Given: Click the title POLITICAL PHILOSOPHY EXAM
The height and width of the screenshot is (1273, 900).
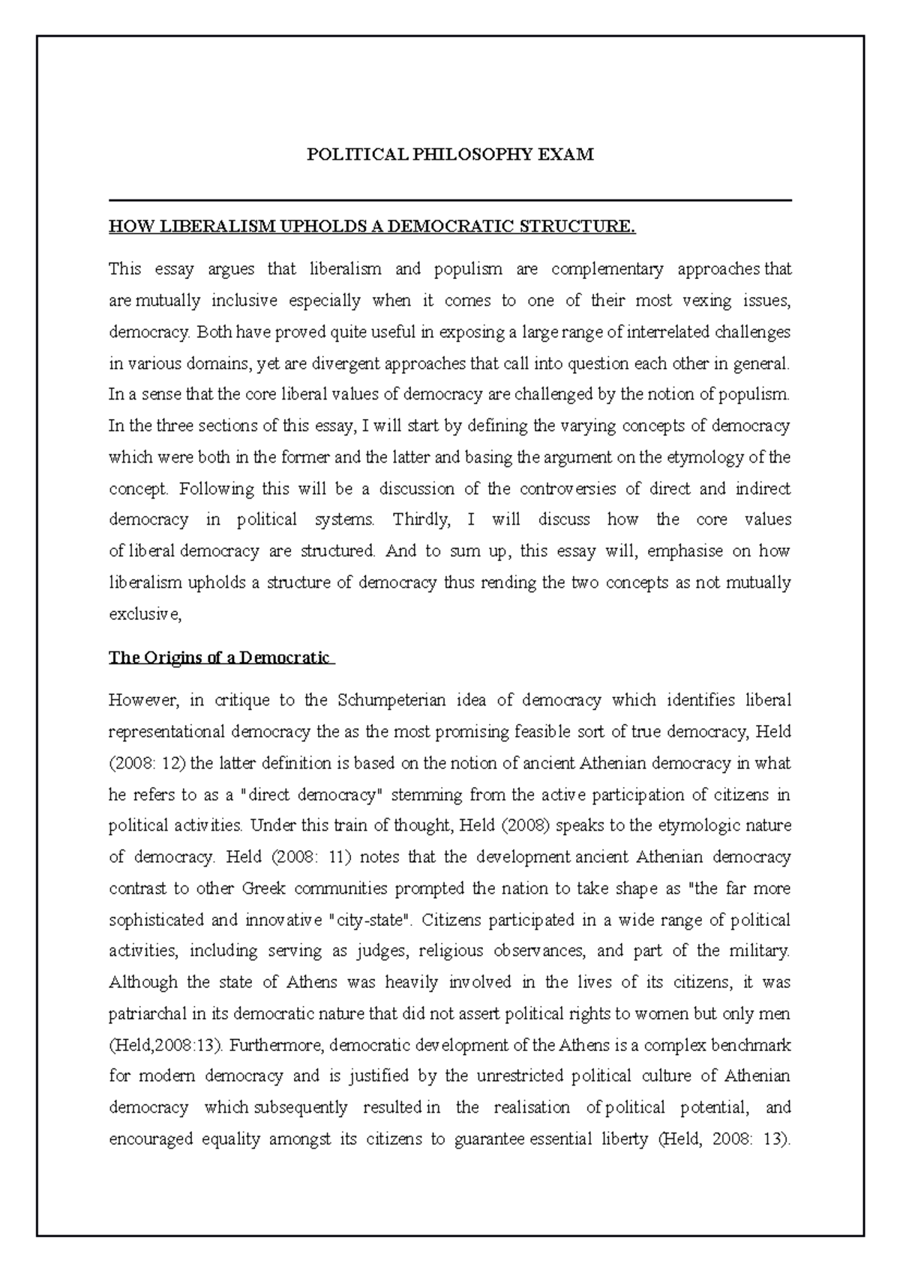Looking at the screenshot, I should pos(450,154).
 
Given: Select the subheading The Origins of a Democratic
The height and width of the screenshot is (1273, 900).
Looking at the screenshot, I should pos(220,657).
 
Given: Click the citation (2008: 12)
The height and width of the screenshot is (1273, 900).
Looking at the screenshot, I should pos(146,763).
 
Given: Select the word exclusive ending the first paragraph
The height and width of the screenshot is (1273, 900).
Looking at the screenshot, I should pos(143,614).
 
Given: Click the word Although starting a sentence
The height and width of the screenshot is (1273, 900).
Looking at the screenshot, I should pos(143,982).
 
